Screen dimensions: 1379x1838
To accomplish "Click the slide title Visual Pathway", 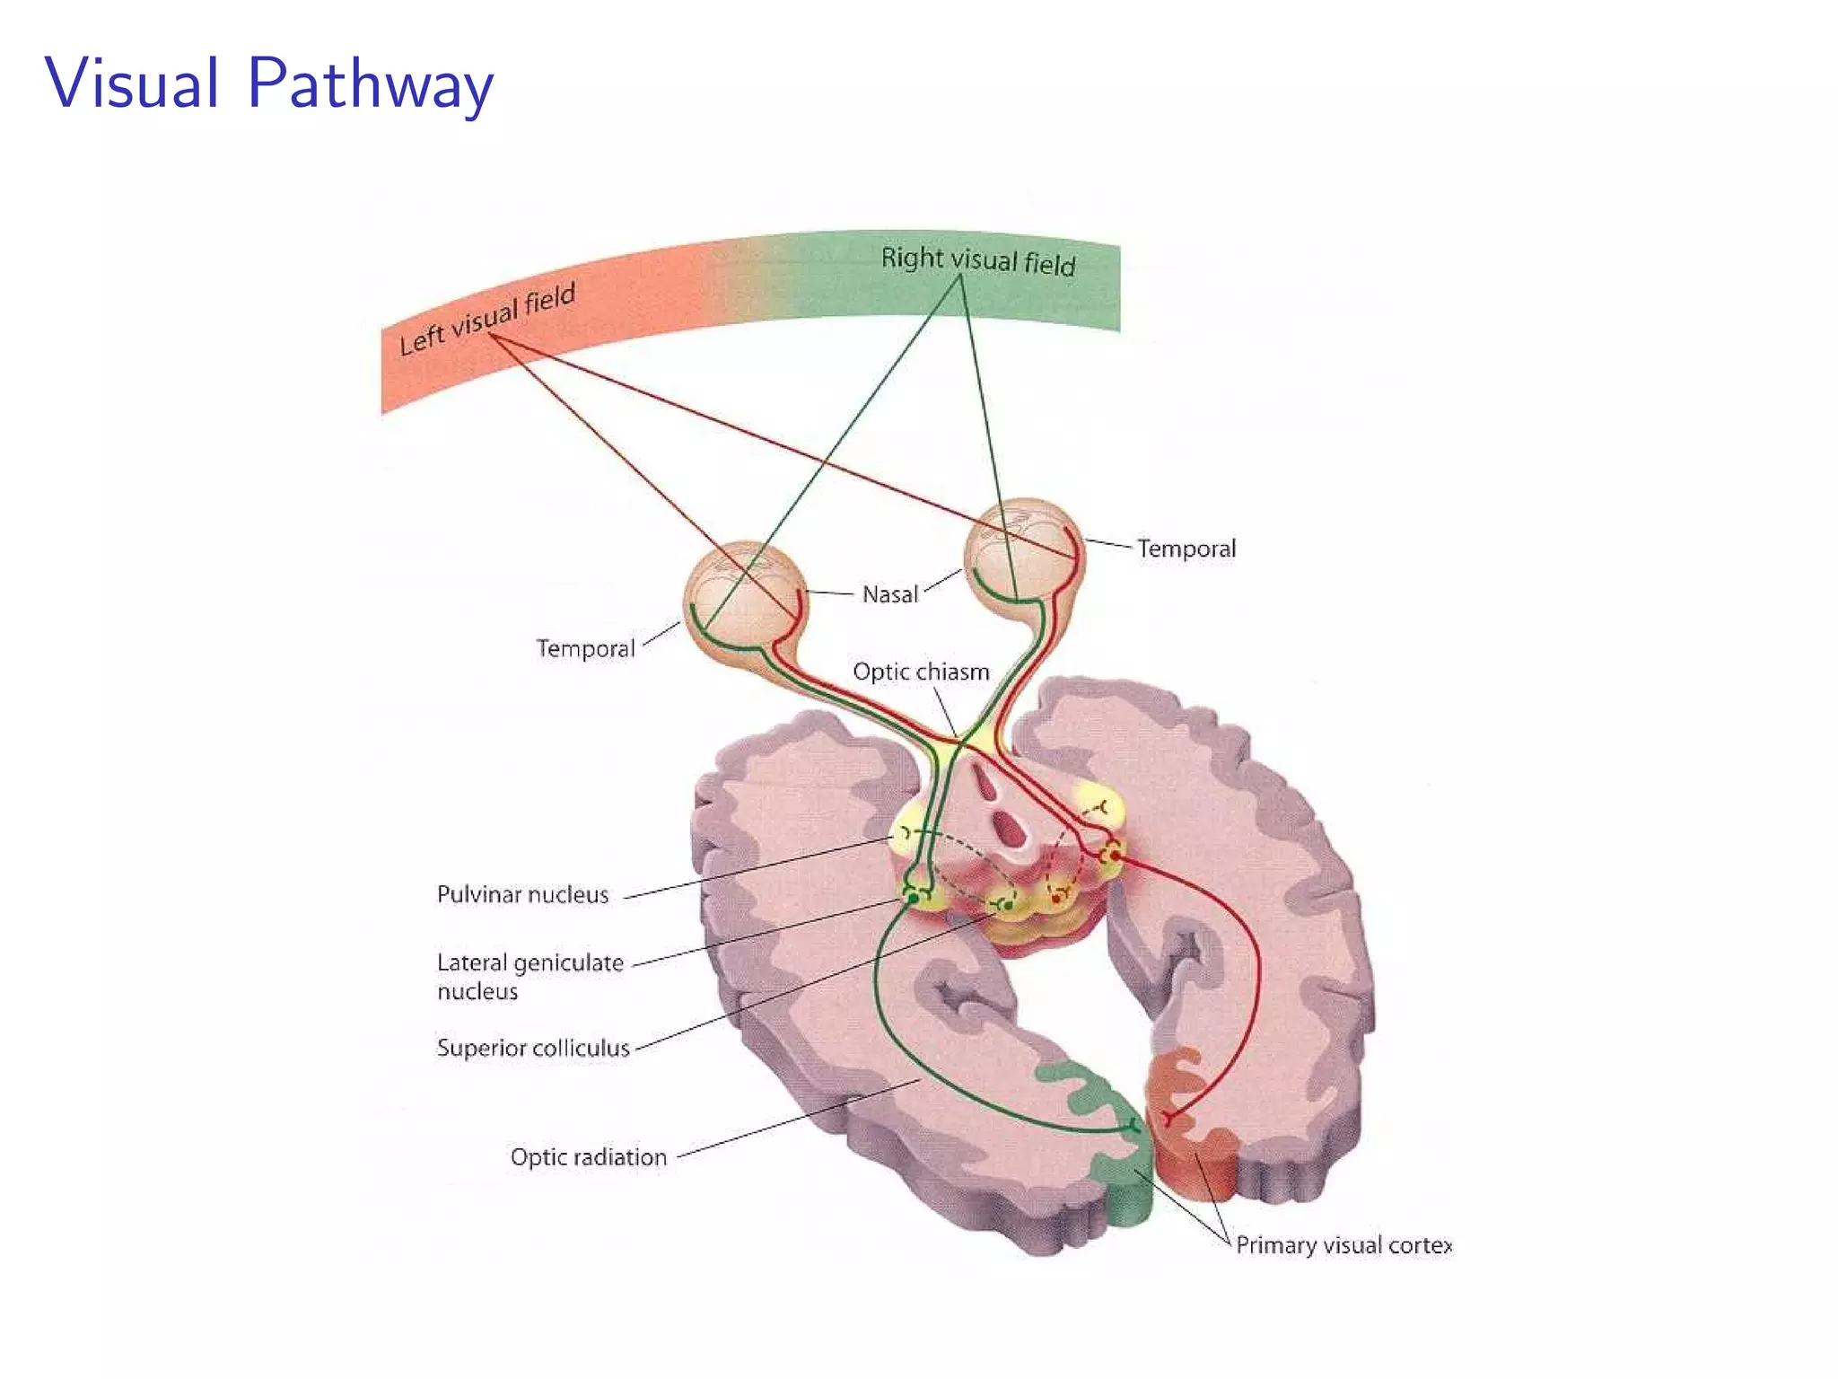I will tap(268, 83).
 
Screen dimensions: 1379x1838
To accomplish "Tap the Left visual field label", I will tap(486, 320).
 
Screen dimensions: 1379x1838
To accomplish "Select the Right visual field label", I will tap(977, 260).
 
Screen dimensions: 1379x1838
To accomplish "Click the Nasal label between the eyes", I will tap(889, 594).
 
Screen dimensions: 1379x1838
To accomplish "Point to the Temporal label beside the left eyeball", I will tap(585, 648).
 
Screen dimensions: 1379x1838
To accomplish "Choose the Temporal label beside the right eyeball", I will tap(1186, 549).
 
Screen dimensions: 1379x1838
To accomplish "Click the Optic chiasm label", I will tap(921, 672).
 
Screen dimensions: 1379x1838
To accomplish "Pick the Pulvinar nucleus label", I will tap(522, 894).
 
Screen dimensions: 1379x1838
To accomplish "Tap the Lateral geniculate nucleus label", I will tap(530, 976).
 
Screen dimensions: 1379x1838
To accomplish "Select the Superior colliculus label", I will tap(533, 1048).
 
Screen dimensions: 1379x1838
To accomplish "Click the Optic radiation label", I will tap(588, 1156).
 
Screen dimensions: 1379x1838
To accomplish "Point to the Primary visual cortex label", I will tap(1343, 1245).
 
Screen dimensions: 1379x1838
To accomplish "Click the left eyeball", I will tap(745, 597).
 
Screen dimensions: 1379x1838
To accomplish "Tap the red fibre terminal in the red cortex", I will tap(1168, 1119).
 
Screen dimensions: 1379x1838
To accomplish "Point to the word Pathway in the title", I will tap(370, 83).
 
